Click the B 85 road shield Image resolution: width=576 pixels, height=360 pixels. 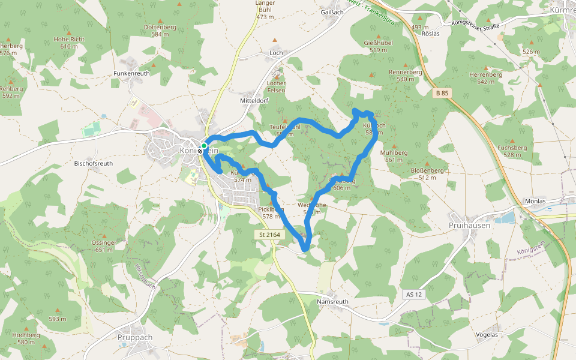(x=442, y=93)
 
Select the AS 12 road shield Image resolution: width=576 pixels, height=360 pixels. (x=414, y=295)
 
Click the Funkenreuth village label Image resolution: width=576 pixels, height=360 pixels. (x=131, y=73)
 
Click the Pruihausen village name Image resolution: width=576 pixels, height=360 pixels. (x=469, y=225)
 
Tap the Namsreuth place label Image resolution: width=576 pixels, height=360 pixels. (x=332, y=302)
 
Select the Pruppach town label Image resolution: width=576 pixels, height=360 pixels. (x=135, y=337)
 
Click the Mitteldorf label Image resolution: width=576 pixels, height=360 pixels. (x=254, y=101)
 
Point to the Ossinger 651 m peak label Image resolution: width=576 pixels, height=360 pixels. (x=103, y=245)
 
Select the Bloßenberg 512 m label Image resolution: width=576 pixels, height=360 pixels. (x=427, y=173)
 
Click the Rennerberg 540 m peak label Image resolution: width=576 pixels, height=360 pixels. (x=406, y=75)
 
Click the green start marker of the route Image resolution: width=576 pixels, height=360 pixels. (x=204, y=146)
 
